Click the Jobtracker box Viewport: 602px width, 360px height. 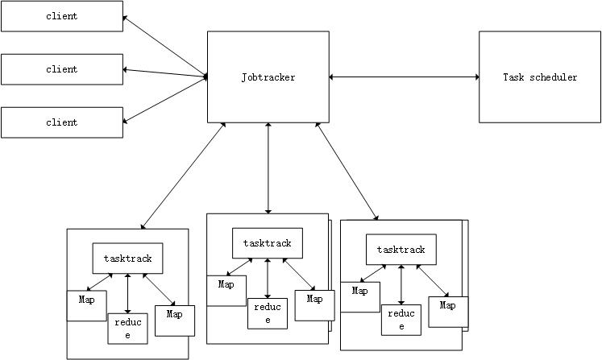(x=268, y=77)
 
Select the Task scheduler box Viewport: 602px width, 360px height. (x=539, y=77)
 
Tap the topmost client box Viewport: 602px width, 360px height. (x=61, y=16)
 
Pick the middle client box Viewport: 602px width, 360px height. (x=61, y=69)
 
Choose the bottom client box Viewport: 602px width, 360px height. (x=61, y=122)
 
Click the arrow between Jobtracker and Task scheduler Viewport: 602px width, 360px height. (x=404, y=77)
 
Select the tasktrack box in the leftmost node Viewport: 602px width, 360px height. (x=127, y=259)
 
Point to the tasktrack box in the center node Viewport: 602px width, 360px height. (x=267, y=242)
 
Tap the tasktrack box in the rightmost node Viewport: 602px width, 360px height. (x=401, y=250)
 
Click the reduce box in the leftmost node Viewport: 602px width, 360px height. (x=127, y=328)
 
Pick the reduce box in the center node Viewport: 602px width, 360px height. (x=268, y=313)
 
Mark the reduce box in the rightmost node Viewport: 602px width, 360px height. (x=401, y=319)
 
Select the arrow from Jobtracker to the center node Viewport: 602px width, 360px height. (x=268, y=168)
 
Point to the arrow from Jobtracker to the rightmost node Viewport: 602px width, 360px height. (x=347, y=171)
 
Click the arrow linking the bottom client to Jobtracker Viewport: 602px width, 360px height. (x=165, y=101)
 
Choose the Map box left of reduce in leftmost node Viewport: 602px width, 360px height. (x=87, y=304)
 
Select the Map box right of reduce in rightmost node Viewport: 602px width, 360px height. (x=448, y=311)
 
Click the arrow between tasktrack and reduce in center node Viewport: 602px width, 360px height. (x=268, y=277)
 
